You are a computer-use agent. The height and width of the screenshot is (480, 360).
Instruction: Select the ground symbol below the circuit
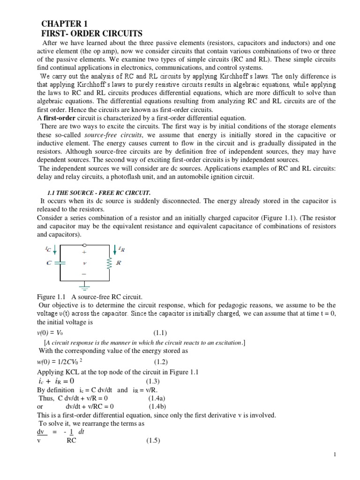tap(84, 285)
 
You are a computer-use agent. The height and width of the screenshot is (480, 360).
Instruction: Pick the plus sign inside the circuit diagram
tap(84, 252)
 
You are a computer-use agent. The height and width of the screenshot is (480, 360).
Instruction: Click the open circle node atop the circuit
tap(84, 244)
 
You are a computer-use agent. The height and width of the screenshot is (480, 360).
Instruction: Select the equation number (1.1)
tap(160, 333)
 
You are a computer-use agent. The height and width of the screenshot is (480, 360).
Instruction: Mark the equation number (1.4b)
tap(159, 406)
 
